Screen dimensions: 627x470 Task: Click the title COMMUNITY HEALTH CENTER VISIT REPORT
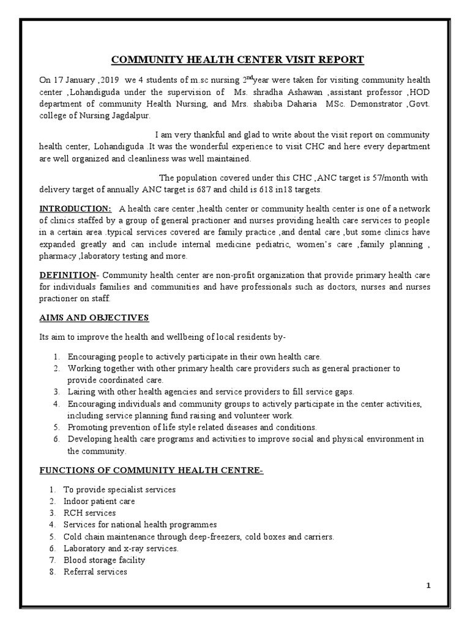pyautogui.click(x=237, y=59)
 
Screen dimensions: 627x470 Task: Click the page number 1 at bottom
pyautogui.click(x=429, y=586)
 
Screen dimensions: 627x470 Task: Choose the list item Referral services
pyautogui.click(x=95, y=571)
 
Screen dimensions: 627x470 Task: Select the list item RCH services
pyautogui.click(x=89, y=513)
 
